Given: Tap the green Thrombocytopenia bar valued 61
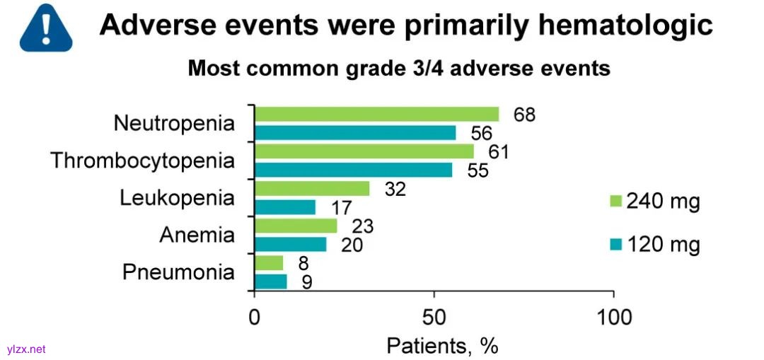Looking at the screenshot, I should click(364, 151).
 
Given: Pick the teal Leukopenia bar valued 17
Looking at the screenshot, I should click(285, 207).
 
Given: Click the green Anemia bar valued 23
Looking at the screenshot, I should click(296, 226).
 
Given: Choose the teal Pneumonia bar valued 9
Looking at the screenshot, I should click(271, 281).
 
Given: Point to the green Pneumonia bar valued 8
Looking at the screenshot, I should click(269, 263).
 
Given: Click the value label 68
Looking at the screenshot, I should click(524, 115).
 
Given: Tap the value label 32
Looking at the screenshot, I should click(396, 189).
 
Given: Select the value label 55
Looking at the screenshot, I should click(477, 170).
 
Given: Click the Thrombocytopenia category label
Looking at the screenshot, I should click(142, 161).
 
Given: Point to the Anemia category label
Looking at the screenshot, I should click(197, 235).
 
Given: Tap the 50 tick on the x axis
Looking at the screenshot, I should click(434, 318).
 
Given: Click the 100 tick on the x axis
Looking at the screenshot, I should click(613, 318).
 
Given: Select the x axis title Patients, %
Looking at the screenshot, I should click(442, 346).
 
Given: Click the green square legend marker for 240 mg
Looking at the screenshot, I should click(614, 203).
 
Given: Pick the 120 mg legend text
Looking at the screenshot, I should click(664, 245).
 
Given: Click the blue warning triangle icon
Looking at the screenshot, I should click(46, 27).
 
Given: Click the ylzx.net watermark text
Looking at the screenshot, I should click(25, 349).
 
